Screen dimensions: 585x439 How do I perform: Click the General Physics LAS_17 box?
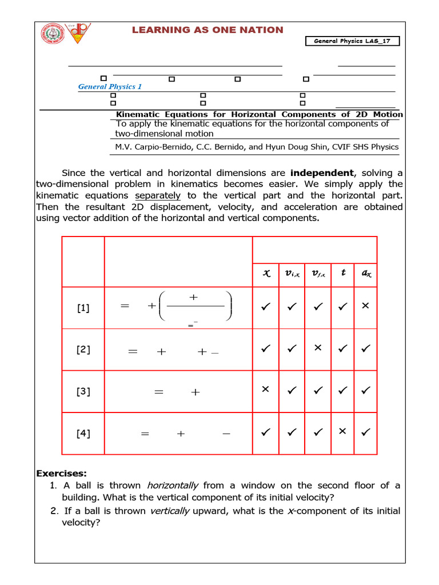[353, 41]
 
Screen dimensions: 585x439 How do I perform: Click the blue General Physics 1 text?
[110, 87]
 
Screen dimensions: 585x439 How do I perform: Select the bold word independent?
[322, 173]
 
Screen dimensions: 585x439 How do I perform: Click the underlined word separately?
[157, 195]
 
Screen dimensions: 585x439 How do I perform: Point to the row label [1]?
[83, 308]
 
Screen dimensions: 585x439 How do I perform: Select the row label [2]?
[83, 350]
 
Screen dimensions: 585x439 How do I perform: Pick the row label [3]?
[83, 392]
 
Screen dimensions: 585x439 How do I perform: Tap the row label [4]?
[83, 433]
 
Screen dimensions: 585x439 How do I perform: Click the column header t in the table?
[343, 273]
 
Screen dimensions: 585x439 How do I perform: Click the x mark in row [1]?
[366, 306]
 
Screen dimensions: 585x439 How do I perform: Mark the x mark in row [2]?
[318, 348]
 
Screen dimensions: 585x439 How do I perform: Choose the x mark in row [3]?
[265, 390]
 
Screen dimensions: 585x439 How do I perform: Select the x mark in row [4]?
[342, 431]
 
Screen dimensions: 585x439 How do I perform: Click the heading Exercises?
[62, 474]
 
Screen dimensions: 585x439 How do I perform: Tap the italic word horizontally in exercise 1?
[173, 486]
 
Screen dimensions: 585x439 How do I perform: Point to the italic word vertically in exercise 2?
[169, 511]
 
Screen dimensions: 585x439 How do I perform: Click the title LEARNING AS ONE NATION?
[207, 30]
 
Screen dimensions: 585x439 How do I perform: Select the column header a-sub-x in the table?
[366, 274]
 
